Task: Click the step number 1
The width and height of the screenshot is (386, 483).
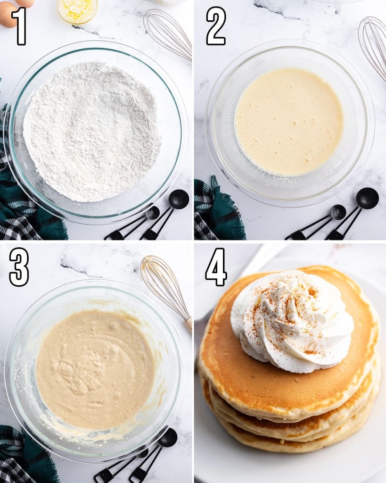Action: pyautogui.click(x=19, y=26)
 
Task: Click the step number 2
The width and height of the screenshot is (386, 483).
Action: pyautogui.click(x=216, y=26)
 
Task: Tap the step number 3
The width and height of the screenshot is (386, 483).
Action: pyautogui.click(x=19, y=267)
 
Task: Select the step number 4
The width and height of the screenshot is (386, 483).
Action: pyautogui.click(x=216, y=267)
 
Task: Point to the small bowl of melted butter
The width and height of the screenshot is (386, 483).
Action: pyautogui.click(x=77, y=9)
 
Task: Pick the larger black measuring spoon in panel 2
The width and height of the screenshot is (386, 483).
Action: pyautogui.click(x=367, y=199)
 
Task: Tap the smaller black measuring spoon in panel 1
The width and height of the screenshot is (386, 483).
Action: pyautogui.click(x=152, y=213)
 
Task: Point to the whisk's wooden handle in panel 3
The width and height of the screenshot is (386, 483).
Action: pyautogui.click(x=188, y=323)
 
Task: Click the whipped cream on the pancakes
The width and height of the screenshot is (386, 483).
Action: pyautogui.click(x=292, y=321)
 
